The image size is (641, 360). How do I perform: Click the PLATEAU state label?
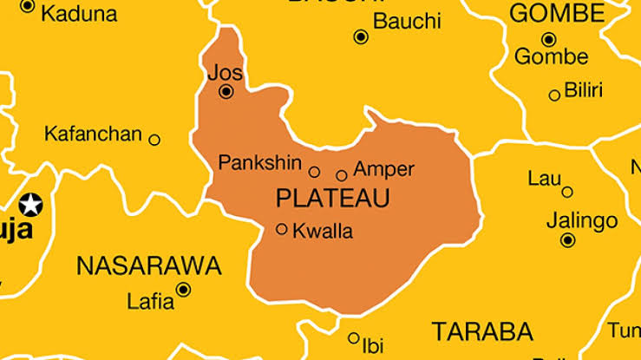tap(332, 199)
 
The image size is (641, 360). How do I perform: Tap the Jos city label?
tap(225, 72)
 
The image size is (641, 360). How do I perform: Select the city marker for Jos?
tap(226, 91)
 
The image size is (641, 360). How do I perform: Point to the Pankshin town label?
tap(259, 162)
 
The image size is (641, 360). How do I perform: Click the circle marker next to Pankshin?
tap(314, 172)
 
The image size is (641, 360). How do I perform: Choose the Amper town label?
tap(383, 169)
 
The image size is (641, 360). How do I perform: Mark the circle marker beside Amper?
tap(342, 174)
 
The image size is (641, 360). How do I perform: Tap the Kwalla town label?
tap(323, 232)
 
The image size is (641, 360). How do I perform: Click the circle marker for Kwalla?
tap(282, 229)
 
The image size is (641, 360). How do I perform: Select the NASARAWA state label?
tap(148, 265)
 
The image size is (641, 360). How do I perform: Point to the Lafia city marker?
tap(183, 290)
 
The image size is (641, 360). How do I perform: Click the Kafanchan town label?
tap(92, 134)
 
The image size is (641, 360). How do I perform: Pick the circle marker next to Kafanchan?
tap(154, 140)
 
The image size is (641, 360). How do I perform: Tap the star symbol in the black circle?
tap(31, 206)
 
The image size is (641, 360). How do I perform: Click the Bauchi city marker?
tap(361, 36)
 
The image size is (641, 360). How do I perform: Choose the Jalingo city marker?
tap(568, 240)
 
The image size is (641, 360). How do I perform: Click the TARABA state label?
tap(482, 331)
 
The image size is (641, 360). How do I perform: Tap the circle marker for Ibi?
tap(354, 338)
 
